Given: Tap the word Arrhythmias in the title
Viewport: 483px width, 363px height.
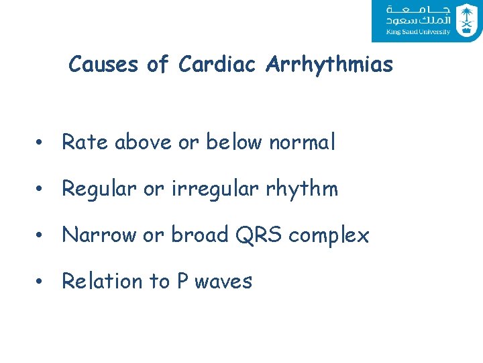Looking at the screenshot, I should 329,65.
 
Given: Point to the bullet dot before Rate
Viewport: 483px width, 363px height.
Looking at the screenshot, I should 42,143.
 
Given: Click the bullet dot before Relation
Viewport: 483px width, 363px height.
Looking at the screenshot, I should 42,282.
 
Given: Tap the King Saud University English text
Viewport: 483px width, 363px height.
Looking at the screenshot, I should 418,32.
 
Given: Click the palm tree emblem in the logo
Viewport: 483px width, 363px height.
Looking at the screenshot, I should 466,19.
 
